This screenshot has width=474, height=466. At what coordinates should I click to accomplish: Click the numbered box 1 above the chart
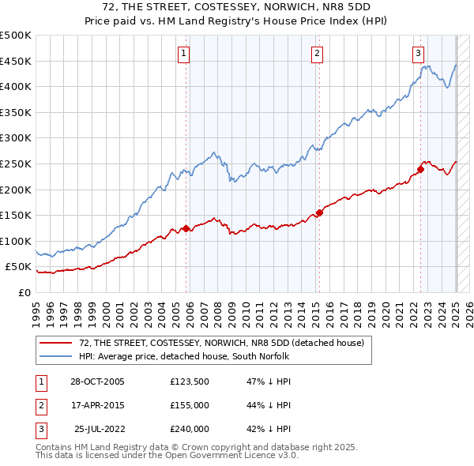[183, 54]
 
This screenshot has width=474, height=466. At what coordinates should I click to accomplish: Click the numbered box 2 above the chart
[316, 54]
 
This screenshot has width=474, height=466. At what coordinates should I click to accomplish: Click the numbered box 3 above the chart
[418, 54]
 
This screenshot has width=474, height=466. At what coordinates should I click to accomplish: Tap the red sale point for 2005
[186, 229]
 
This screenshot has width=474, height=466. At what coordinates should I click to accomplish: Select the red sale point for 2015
[320, 212]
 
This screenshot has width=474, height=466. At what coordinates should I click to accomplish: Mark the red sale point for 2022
[421, 168]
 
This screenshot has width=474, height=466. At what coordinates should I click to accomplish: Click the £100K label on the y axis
[16, 241]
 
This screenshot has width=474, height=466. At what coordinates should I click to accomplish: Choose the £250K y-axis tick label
[16, 163]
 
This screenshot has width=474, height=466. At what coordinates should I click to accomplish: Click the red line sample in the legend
[55, 344]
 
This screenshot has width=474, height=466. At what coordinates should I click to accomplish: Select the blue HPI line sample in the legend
[55, 356]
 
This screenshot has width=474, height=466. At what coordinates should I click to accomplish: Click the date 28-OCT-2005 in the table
[98, 381]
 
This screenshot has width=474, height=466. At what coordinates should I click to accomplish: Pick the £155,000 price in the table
[190, 405]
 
